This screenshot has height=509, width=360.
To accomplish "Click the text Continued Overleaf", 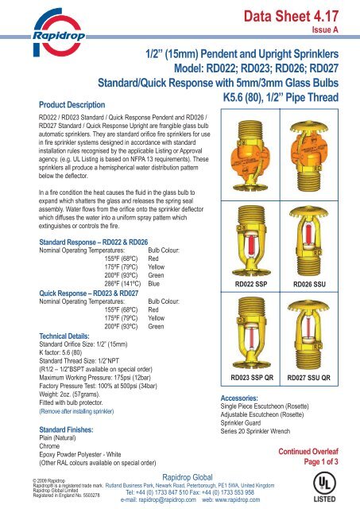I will click(x=311, y=451).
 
